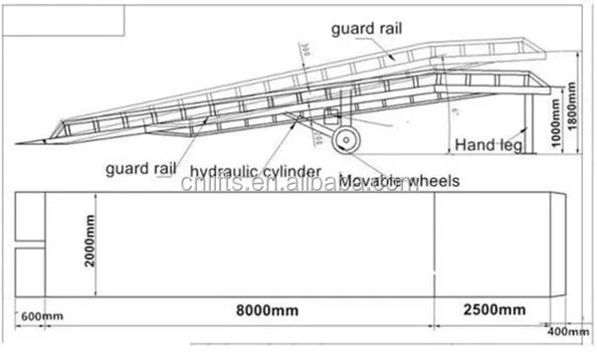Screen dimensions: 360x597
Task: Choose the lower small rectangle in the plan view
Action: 31,269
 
